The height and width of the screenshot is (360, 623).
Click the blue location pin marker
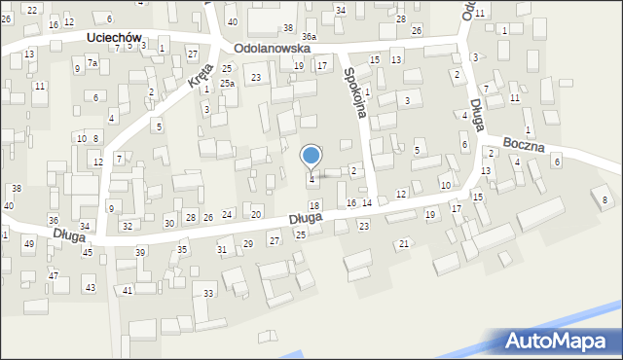coord(311,157)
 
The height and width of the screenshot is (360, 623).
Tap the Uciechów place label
coord(113,37)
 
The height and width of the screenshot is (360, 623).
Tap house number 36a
coord(309,36)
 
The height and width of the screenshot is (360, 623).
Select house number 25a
coord(227,84)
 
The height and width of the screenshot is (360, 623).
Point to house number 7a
coord(92,63)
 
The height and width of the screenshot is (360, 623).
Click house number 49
coord(27,243)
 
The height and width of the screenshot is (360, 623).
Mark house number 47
coord(54,276)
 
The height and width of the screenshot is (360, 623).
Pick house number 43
coord(90,288)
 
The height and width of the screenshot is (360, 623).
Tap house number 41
coord(128,291)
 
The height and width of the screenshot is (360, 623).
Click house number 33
coord(208,293)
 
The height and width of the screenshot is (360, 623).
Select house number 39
coord(140,252)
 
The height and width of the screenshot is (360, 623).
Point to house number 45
coord(88,252)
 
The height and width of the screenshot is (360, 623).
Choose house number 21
coord(404,243)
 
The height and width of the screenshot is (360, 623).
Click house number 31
coord(222,250)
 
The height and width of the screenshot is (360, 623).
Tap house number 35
coord(182,250)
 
